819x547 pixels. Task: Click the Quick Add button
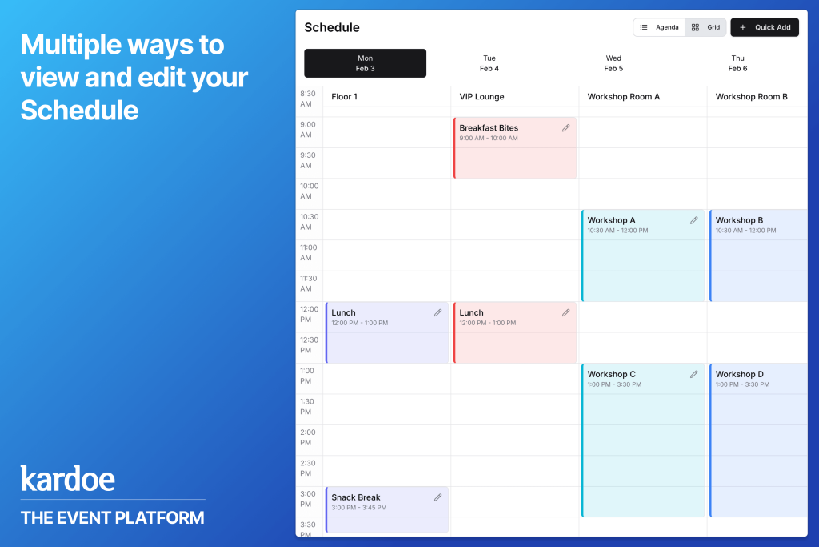[x=764, y=27]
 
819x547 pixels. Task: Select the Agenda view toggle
[x=660, y=27]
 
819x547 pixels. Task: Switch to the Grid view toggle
[x=705, y=27]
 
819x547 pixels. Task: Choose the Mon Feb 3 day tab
[x=365, y=63]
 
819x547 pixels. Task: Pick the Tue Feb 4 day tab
[x=489, y=63]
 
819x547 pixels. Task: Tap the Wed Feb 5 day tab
[x=613, y=63]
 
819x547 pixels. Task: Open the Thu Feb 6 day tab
[x=737, y=63]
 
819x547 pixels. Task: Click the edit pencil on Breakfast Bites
[x=565, y=128]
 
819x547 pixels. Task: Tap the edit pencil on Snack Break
[x=437, y=497]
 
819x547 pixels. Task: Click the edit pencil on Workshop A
[x=693, y=221]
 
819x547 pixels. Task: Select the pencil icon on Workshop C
[x=693, y=375]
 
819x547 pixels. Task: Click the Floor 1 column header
[x=344, y=97]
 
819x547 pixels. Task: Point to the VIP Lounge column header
[x=481, y=97]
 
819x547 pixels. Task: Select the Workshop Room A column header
[x=624, y=97]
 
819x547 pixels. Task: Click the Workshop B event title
[x=739, y=220]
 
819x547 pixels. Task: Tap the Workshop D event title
[x=739, y=374]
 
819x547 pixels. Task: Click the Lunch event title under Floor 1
[x=343, y=312]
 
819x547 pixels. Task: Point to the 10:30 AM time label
[x=309, y=222]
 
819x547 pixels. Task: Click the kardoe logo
[x=67, y=478]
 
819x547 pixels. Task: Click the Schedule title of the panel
[x=332, y=27]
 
